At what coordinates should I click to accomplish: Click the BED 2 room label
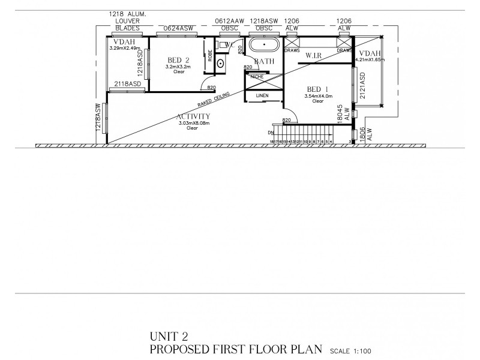(x=179, y=60)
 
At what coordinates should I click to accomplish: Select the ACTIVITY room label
(x=193, y=116)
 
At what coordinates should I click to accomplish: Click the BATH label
(x=264, y=61)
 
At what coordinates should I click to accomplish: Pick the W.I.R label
(x=314, y=56)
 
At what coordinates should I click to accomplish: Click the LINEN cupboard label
(x=262, y=95)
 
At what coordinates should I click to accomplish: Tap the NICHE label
(x=257, y=77)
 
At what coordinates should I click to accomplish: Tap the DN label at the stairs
(x=271, y=133)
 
